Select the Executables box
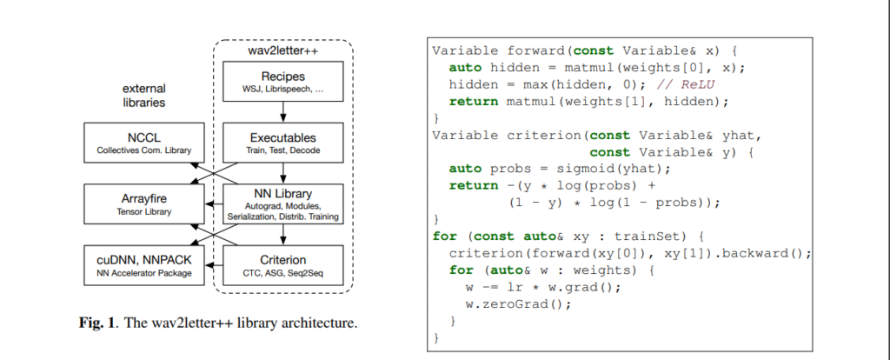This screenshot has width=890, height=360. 283,143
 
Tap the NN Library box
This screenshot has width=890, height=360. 283,204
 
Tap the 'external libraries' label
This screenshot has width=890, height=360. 144,96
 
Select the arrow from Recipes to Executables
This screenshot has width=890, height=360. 283,114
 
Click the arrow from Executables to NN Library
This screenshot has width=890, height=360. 283,174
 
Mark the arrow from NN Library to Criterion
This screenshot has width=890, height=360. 283,235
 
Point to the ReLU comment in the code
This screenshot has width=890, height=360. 685,84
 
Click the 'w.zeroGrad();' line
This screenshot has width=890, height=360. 518,303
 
